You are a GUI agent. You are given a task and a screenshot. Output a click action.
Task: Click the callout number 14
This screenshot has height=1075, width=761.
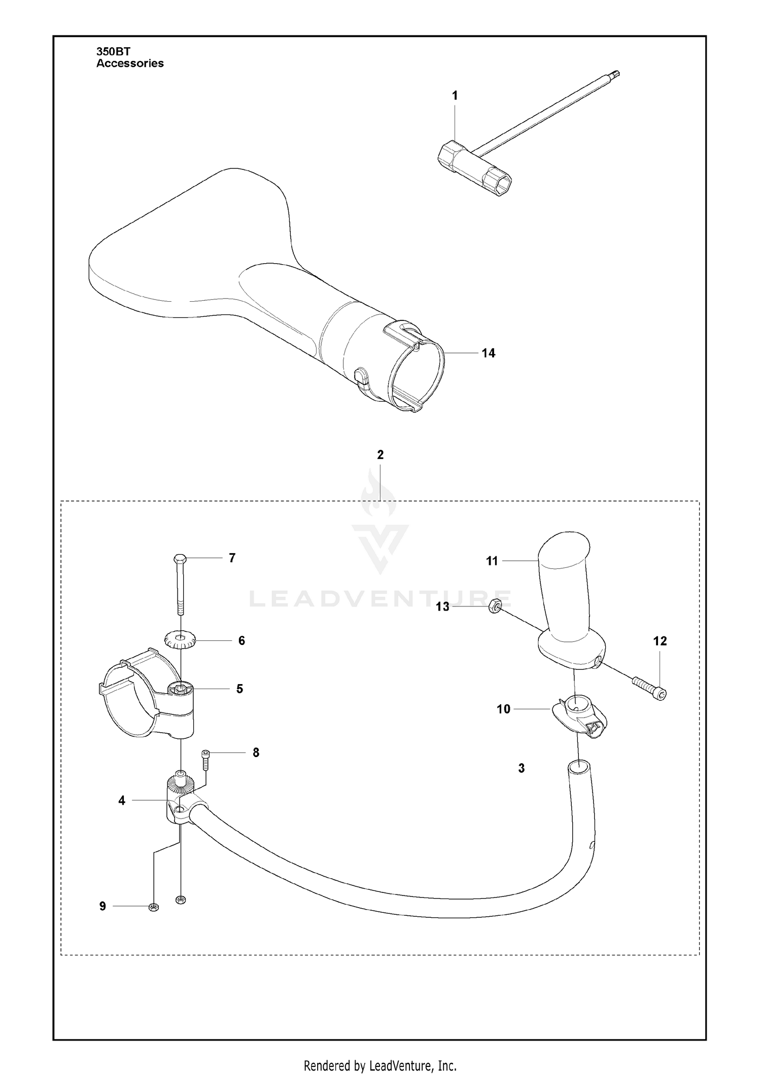(x=488, y=353)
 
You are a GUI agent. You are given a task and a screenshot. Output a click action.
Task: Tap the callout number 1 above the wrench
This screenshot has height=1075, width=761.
(x=455, y=95)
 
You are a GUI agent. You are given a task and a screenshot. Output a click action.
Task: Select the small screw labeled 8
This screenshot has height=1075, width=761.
(x=206, y=767)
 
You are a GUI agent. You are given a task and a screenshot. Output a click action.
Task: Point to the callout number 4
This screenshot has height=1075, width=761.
(x=122, y=801)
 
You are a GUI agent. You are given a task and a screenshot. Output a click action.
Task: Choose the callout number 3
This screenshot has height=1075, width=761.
(x=522, y=768)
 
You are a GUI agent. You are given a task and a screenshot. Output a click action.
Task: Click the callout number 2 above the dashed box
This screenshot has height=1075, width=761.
(x=380, y=455)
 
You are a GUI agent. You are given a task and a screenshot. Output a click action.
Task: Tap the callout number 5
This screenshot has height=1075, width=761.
(x=239, y=689)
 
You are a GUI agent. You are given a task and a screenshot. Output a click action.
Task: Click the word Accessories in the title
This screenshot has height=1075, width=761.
(x=130, y=63)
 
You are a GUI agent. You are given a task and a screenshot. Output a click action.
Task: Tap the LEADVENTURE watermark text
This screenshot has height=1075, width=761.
(x=380, y=599)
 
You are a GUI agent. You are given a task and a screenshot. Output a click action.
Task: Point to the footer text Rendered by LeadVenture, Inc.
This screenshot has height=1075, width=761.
(x=380, y=1051)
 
